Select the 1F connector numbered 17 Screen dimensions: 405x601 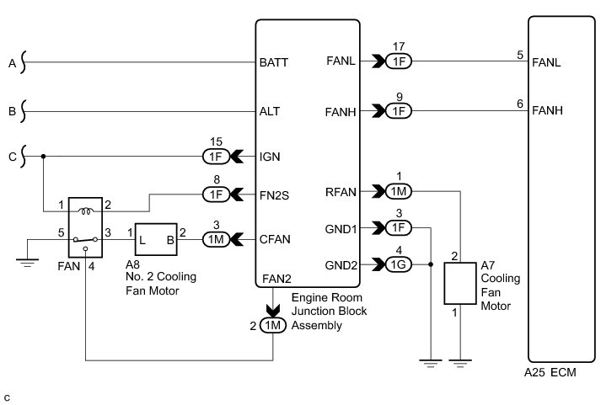pyautogui.click(x=400, y=61)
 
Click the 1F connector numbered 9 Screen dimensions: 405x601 pyautogui.click(x=400, y=110)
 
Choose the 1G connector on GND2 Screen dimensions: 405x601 pyautogui.click(x=400, y=264)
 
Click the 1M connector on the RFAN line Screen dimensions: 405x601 pyautogui.click(x=400, y=192)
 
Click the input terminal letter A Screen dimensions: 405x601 pyautogui.click(x=11, y=61)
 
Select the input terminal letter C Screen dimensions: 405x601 pyautogui.click(x=11, y=156)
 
